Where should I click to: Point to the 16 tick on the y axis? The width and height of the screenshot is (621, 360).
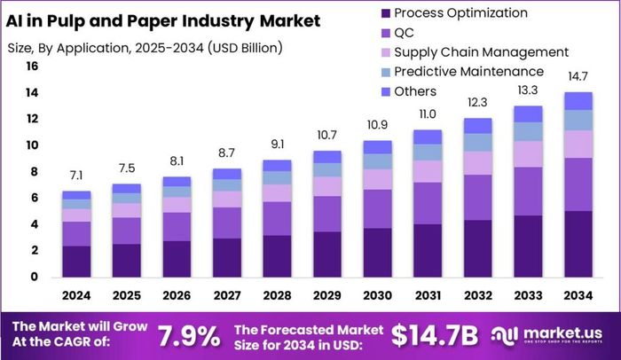click(32, 67)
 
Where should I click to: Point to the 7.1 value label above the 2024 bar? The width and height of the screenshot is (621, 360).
click(76, 176)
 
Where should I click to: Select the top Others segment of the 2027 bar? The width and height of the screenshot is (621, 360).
click(228, 174)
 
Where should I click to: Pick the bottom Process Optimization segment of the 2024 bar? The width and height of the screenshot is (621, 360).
click(76, 261)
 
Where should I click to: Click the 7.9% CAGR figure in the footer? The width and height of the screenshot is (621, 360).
click(189, 336)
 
